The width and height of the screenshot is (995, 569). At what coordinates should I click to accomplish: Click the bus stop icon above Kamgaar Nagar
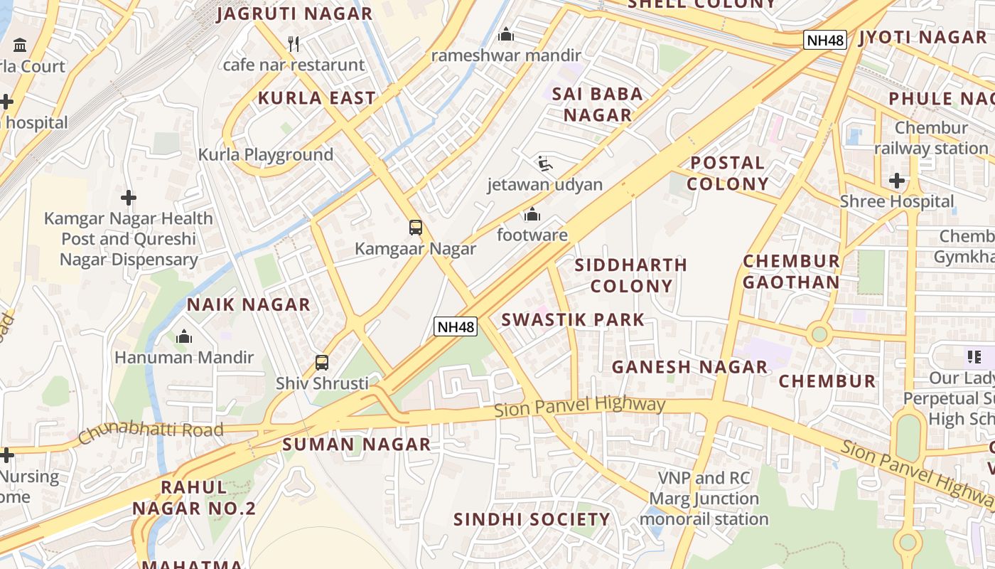[416, 228]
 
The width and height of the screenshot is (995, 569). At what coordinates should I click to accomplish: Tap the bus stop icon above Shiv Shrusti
[322, 363]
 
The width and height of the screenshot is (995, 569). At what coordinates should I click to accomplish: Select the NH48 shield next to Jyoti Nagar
[825, 40]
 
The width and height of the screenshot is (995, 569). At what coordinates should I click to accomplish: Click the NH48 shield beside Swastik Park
[456, 326]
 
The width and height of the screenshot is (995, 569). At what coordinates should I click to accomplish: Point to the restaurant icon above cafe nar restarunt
[294, 44]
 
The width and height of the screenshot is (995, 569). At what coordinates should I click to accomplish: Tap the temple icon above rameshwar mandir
[506, 34]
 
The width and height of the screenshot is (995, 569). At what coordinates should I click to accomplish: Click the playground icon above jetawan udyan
[544, 164]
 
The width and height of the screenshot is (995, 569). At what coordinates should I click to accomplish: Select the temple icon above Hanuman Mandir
[184, 336]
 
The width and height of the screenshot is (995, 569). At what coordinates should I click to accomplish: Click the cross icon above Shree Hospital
[897, 181]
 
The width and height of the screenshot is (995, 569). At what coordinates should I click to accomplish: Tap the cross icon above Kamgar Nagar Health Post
[129, 197]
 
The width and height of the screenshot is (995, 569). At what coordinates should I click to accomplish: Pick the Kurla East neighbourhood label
[317, 98]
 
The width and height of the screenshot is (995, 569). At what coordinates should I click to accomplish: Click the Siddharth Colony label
[631, 275]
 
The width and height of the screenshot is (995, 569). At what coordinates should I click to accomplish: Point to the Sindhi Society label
[532, 519]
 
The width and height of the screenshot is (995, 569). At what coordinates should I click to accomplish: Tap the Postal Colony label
[727, 174]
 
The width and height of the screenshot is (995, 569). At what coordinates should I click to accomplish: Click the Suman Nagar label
[357, 445]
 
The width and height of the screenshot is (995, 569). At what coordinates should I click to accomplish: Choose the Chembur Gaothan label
[791, 272]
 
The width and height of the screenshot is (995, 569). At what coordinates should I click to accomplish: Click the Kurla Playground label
[266, 154]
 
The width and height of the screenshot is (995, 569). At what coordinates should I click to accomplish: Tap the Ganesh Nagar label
[689, 367]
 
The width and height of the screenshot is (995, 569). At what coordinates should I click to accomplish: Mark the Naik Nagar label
[249, 304]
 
